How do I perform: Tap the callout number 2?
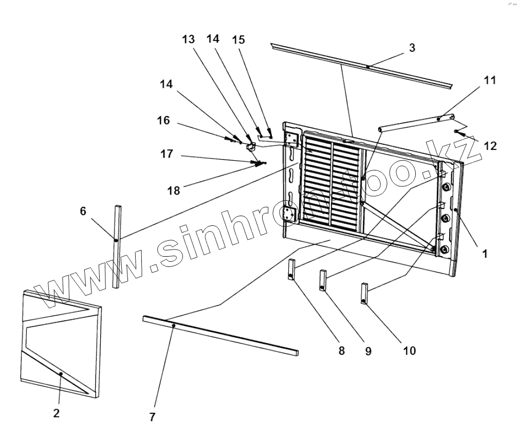tap(57, 414)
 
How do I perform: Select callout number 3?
tap(412, 48)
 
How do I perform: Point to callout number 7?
tap(152, 417)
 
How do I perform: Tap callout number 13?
tap(188, 40)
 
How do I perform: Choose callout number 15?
tap(238, 40)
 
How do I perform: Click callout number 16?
tap(163, 121)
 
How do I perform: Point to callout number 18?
tap(174, 190)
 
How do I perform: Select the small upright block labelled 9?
tap(323, 280)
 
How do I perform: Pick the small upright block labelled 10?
tap(365, 294)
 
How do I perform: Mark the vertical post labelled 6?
tap(117, 246)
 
